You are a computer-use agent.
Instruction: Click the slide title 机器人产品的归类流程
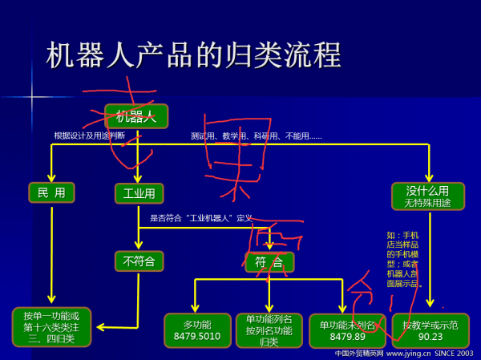[194, 55]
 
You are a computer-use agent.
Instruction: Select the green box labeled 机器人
[136, 116]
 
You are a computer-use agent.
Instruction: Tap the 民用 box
[51, 192]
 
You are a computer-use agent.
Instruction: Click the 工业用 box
[139, 193]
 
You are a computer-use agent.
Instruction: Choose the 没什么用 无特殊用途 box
[428, 196]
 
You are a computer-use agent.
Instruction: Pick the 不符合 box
[139, 261]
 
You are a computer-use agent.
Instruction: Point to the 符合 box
[269, 262]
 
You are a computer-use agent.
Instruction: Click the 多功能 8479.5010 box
[197, 330]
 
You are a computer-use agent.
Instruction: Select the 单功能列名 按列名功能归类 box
[269, 330]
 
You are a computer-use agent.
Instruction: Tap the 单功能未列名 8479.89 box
[347, 330]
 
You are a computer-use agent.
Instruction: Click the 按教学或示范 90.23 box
[430, 330]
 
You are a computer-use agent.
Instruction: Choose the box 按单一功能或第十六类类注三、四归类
[51, 326]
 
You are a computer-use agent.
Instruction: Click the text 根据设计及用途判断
[89, 136]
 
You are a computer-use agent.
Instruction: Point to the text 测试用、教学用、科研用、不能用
[256, 136]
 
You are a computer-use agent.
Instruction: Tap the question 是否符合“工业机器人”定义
[201, 217]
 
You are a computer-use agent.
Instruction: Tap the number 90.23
[430, 337]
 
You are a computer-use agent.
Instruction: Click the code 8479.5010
[197, 337]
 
